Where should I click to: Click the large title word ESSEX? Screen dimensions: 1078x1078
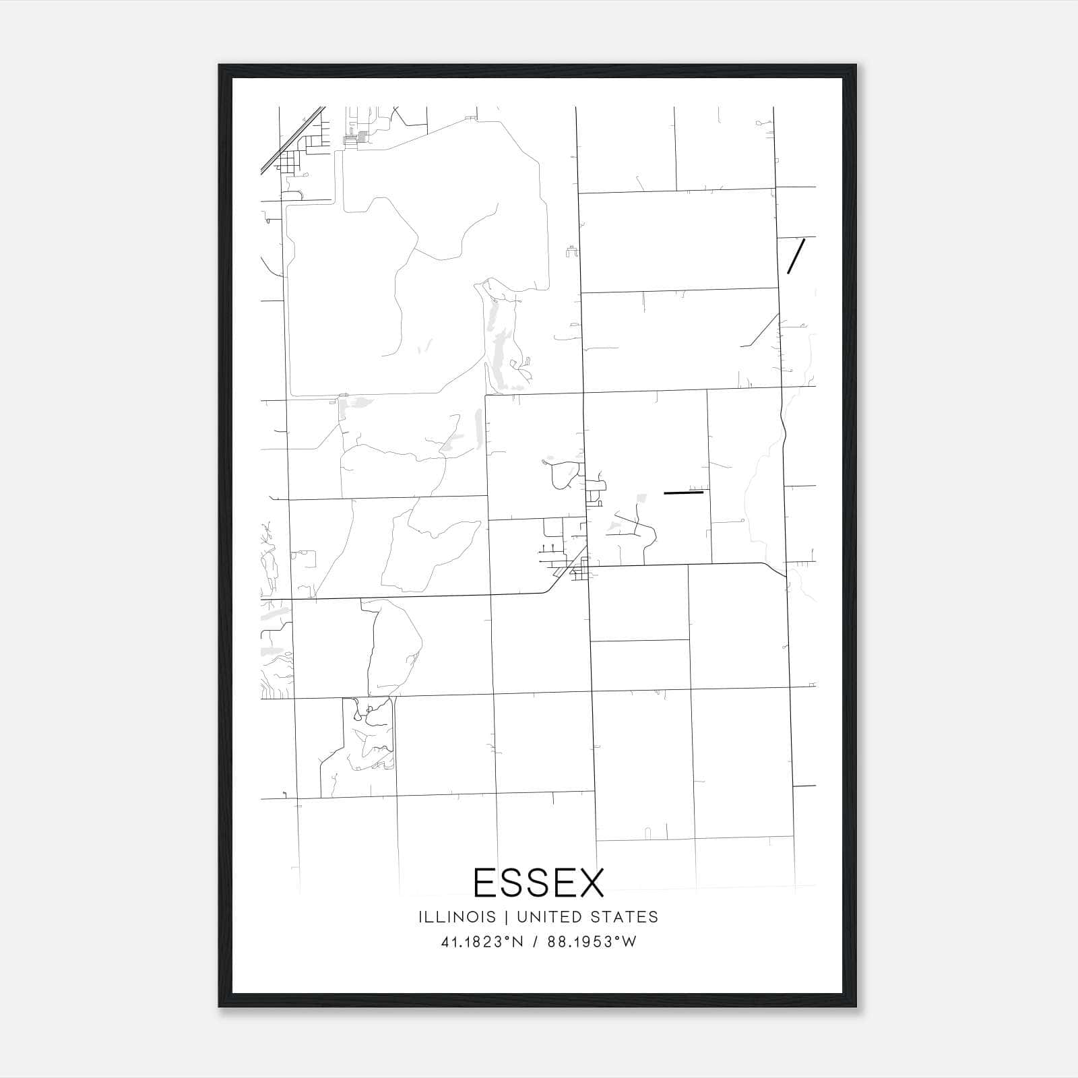[539, 882]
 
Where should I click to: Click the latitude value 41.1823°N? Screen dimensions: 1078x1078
[482, 942]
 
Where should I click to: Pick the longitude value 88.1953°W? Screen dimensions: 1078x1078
[592, 942]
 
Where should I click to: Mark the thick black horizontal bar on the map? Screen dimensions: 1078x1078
[683, 493]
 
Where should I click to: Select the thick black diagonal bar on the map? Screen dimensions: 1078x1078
[796, 256]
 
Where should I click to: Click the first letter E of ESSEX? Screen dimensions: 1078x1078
[485, 882]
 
